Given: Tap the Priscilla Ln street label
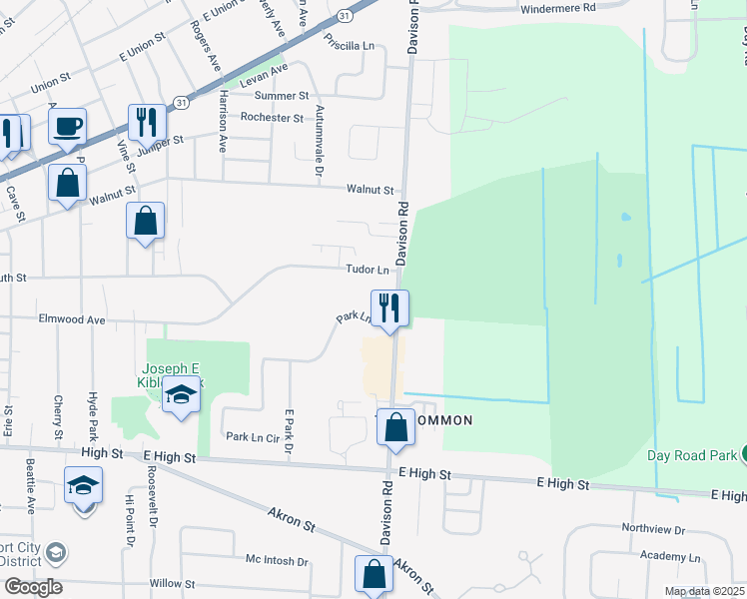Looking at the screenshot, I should pos(349,44).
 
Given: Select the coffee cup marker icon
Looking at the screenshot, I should pos(67,126).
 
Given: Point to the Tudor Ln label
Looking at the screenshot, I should pos(368,270).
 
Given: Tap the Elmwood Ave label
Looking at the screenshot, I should pos(72,319).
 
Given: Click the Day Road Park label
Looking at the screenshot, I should pos(690,456).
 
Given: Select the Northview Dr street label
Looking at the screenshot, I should pos(653,529).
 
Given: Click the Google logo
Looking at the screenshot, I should pos(32,587).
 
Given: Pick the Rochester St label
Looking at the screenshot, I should pos(272,118).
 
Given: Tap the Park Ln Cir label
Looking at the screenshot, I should pos(251,436).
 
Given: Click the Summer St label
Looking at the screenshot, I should pos(282,96).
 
